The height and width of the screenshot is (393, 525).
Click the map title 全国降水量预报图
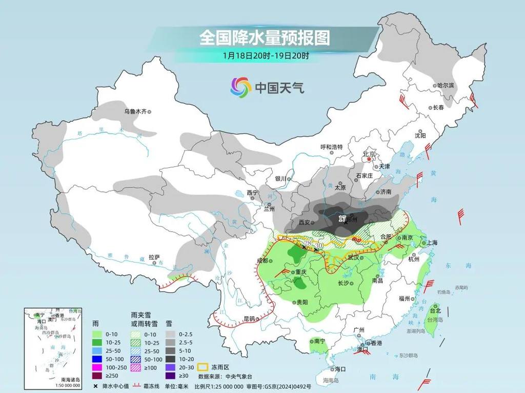(x=265, y=37)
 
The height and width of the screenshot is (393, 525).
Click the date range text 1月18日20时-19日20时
(x=266, y=55)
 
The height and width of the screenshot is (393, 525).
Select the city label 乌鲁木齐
(x=135, y=111)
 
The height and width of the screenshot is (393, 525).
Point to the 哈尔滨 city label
(x=445, y=85)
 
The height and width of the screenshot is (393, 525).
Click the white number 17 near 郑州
(x=342, y=219)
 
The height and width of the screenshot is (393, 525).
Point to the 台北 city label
(x=435, y=311)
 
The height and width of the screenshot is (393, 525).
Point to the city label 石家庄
(x=365, y=176)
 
